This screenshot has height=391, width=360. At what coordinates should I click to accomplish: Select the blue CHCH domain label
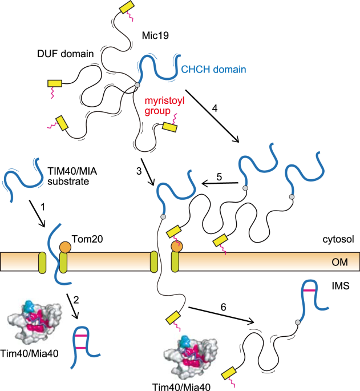(213, 70)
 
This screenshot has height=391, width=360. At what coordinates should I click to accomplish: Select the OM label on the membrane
(339, 262)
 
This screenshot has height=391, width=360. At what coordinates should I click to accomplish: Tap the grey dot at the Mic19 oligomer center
(137, 86)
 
